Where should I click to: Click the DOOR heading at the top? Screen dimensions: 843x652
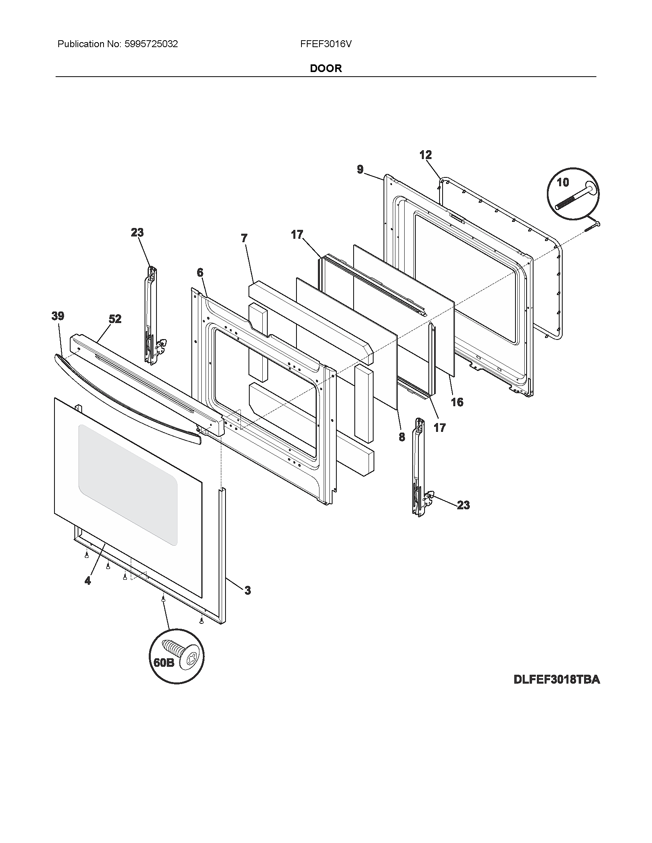(326, 68)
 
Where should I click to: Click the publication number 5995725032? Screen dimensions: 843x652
(151, 44)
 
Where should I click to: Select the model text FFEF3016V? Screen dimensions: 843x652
(326, 44)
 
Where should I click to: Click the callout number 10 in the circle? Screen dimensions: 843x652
(563, 182)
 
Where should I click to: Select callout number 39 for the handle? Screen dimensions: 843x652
(58, 316)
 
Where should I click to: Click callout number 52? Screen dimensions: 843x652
(115, 319)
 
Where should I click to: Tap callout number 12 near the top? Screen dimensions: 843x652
(425, 155)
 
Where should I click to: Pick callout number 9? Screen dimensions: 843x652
(360, 169)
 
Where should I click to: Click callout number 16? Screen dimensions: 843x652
(457, 402)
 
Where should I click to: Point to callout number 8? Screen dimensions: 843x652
(402, 436)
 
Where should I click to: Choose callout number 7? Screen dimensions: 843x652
(244, 238)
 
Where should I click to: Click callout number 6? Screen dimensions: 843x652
(200, 272)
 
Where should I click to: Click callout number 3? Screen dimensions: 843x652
(247, 590)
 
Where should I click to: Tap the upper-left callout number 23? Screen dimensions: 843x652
(137, 232)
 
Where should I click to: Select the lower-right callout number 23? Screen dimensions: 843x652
(464, 505)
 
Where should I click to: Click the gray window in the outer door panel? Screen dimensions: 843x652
(127, 484)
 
